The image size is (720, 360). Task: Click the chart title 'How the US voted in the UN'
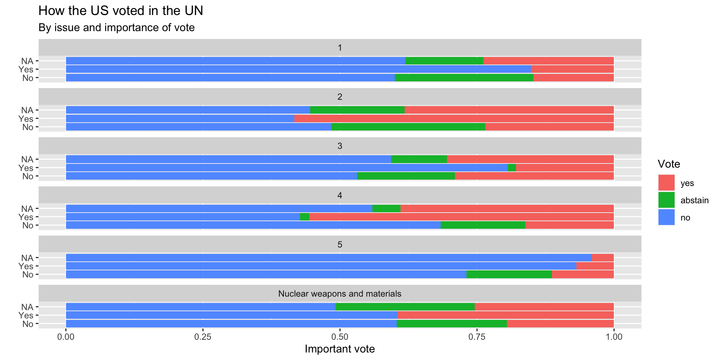coord(121,11)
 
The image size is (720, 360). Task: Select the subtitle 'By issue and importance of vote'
coord(117,28)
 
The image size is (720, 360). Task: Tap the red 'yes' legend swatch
coord(666,183)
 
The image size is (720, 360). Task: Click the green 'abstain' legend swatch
coord(666,200)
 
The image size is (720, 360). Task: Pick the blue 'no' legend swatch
coord(666,217)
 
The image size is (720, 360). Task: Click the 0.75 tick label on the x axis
coord(477,337)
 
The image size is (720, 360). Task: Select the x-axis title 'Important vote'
coord(340,349)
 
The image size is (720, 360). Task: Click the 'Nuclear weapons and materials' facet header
coord(340,294)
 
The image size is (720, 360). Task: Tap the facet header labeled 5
coord(340,244)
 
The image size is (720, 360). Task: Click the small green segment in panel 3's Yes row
coord(511,168)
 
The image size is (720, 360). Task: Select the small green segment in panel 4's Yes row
coord(304,217)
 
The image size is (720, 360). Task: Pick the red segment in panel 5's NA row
coord(603,258)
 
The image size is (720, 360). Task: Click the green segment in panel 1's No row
coord(464,78)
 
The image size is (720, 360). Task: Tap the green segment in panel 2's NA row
coord(357,110)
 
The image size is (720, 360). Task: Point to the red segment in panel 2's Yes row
coord(454,118)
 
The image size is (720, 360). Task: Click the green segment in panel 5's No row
coord(509,274)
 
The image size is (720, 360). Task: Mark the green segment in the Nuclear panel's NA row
coord(405,307)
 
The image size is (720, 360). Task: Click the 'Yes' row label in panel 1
coord(26,69)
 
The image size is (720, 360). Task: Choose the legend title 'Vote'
coord(669,164)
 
